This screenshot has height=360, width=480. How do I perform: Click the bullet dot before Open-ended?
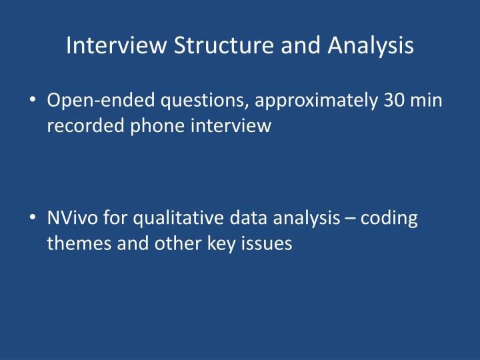[34, 101]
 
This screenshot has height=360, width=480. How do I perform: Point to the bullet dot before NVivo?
[34, 219]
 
